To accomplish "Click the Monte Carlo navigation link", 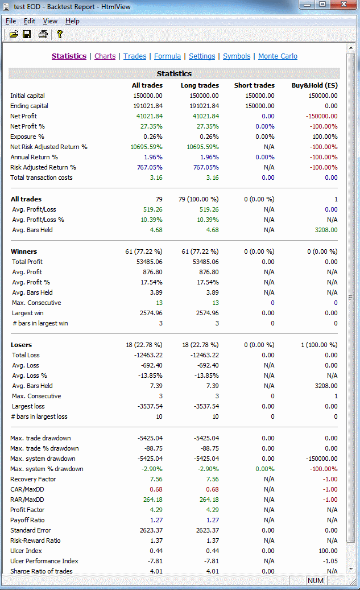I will coord(278,56).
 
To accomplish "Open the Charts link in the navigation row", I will coord(105,56).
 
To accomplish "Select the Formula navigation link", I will coord(167,56).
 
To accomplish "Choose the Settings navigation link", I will coord(202,56).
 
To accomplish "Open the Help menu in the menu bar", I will coord(72,21).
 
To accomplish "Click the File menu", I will coord(11,21).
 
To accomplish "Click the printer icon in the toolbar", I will coord(43,35).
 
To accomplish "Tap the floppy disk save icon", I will coord(27,35).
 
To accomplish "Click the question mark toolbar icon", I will coord(59,35).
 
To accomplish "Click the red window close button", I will coord(344,5).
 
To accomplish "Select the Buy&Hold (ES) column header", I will coord(315,85).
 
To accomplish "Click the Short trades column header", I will coord(254,85).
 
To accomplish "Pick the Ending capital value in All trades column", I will coord(148,106).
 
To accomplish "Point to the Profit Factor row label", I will coord(27,510).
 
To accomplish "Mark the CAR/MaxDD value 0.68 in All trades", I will coord(156,489).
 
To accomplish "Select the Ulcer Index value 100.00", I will coord(327,551).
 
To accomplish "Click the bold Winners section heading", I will coord(24,251).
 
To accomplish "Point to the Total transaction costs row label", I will coord(41,178).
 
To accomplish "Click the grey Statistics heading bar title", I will coord(174,73).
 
